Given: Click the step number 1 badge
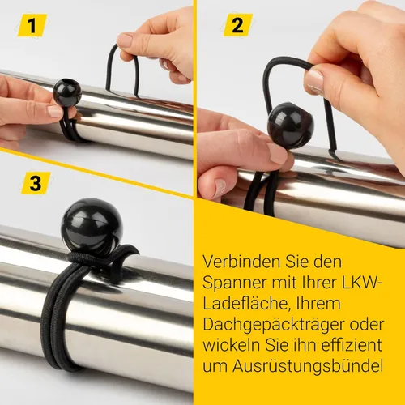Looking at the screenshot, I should point(35,25).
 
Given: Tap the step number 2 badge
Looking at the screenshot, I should point(237,25).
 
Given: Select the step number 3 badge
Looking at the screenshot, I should point(35,182).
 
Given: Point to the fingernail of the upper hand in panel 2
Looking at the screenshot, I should point(314,79).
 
